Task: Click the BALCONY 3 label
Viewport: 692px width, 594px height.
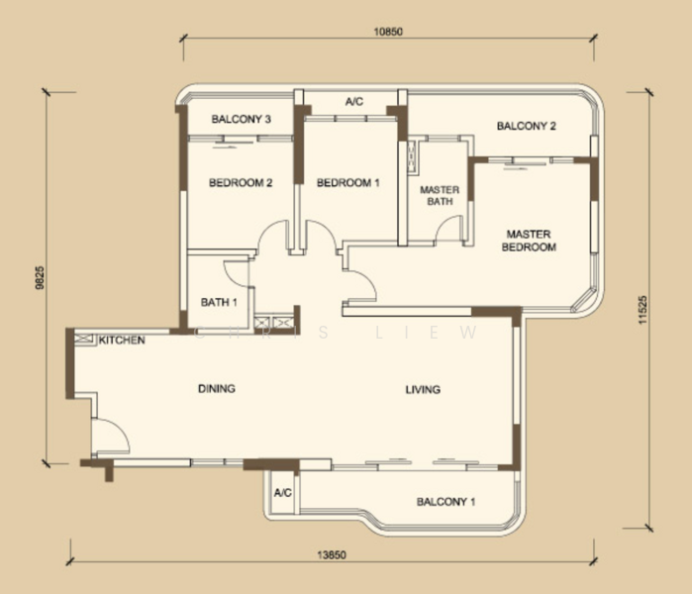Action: click(241, 119)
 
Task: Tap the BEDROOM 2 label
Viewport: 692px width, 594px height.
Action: click(241, 183)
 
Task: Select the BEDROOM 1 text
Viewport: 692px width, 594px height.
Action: click(348, 183)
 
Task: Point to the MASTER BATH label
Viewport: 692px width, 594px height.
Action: click(440, 195)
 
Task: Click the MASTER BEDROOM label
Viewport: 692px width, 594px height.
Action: click(529, 241)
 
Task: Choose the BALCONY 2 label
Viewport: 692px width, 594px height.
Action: click(527, 126)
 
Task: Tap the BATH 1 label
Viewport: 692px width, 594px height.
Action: click(219, 302)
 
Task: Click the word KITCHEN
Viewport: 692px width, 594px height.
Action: click(122, 341)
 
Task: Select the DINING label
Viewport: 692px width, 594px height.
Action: click(217, 389)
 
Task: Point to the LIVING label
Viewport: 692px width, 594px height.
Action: click(423, 390)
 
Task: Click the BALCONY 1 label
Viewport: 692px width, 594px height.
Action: click(445, 502)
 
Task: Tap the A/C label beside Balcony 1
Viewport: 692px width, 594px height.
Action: click(283, 492)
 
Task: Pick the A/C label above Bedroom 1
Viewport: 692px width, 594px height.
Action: click(354, 102)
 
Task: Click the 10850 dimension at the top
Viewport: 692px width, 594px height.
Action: click(388, 32)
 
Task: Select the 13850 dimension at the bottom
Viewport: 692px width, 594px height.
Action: click(332, 555)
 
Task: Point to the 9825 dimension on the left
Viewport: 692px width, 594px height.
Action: click(41, 277)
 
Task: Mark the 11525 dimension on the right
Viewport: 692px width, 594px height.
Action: click(643, 310)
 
